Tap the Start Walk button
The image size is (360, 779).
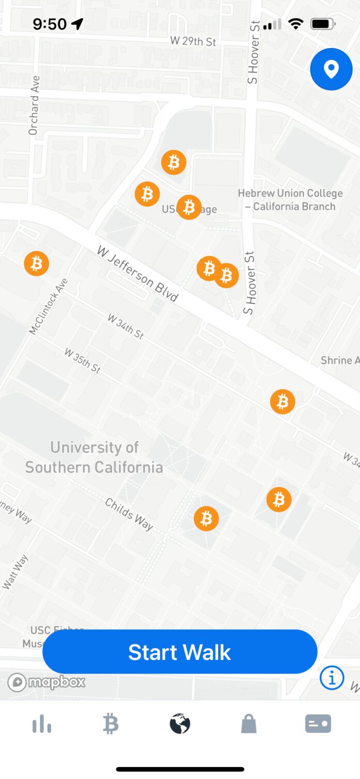[x=179, y=652]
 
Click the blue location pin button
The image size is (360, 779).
[x=331, y=69]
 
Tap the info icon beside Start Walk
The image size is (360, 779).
[x=332, y=677]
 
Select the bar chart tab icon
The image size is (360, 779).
[x=41, y=724]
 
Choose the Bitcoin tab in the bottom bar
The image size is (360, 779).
[x=110, y=724]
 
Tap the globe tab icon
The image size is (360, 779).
[x=180, y=724]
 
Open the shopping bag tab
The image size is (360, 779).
[x=249, y=724]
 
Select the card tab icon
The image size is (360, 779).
[x=318, y=724]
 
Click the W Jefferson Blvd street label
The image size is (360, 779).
[x=138, y=274]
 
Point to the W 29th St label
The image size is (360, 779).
[x=193, y=41]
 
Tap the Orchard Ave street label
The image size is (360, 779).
[x=34, y=106]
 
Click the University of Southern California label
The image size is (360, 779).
[x=94, y=457]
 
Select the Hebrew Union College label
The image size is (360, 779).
[x=290, y=200]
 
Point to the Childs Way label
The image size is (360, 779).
[x=129, y=514]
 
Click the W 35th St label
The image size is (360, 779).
[x=82, y=360]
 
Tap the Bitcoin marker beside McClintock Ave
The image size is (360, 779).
[x=37, y=264]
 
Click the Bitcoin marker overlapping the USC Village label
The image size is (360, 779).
[x=189, y=207]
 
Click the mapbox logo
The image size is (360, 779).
[x=47, y=682]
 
